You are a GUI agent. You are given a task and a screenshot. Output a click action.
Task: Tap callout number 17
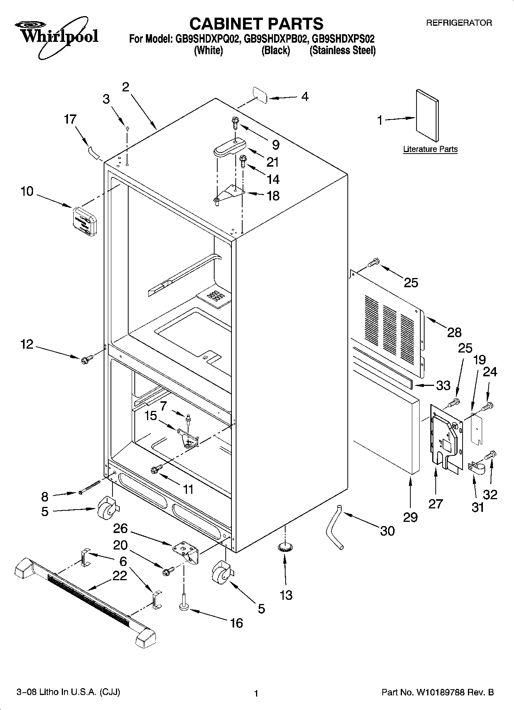tap(70, 119)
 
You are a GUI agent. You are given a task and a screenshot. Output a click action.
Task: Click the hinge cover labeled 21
tap(229, 147)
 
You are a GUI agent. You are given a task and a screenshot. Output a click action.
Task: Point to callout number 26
tap(120, 528)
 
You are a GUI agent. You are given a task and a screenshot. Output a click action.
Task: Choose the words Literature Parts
tap(430, 149)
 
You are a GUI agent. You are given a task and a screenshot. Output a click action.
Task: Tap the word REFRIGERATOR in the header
tap(459, 23)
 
